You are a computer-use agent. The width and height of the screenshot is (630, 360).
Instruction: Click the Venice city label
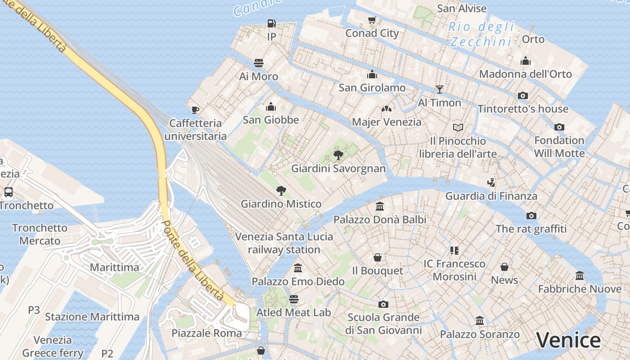(568, 340)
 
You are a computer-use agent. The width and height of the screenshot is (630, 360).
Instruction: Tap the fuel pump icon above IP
(271, 23)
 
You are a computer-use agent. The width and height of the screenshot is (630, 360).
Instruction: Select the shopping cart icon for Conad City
(372, 20)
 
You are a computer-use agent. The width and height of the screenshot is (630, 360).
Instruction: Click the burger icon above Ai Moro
(258, 63)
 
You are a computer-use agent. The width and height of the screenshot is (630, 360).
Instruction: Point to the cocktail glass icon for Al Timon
(439, 89)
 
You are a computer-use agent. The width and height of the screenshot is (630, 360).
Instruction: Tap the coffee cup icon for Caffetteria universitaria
(195, 109)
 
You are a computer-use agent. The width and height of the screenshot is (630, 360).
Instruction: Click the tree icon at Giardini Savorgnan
(338, 155)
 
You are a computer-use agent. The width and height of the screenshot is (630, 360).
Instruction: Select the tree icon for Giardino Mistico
(281, 190)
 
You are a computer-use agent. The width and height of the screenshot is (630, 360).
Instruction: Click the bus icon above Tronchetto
(8, 192)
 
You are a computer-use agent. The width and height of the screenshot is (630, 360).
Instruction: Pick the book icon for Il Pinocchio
(458, 127)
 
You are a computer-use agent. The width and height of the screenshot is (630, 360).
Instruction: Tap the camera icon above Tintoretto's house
(522, 95)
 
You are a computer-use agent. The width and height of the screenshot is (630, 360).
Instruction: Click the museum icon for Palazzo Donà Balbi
(380, 207)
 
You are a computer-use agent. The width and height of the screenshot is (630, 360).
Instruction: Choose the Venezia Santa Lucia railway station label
(284, 243)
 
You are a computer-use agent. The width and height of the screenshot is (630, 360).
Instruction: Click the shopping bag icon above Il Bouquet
(377, 257)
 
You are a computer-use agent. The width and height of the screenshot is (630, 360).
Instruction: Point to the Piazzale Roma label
(207, 333)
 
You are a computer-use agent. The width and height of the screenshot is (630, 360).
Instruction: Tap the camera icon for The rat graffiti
(531, 216)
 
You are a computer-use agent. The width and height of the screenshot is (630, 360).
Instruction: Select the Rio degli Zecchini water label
(481, 34)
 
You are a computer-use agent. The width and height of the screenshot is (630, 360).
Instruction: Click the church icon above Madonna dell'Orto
(525, 61)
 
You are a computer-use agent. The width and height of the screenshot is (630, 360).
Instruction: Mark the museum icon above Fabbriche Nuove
(580, 275)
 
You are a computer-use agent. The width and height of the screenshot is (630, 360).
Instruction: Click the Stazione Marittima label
(92, 317)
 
